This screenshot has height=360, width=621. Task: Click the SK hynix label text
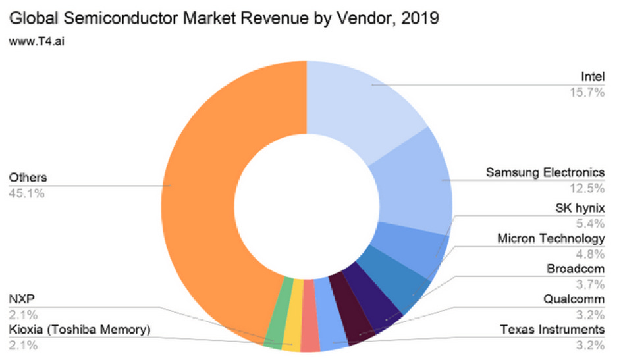[580, 209]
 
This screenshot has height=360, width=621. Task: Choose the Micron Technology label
[551, 239]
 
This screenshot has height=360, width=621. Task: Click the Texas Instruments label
[552, 329]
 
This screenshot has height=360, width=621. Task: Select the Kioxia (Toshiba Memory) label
[80, 330]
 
